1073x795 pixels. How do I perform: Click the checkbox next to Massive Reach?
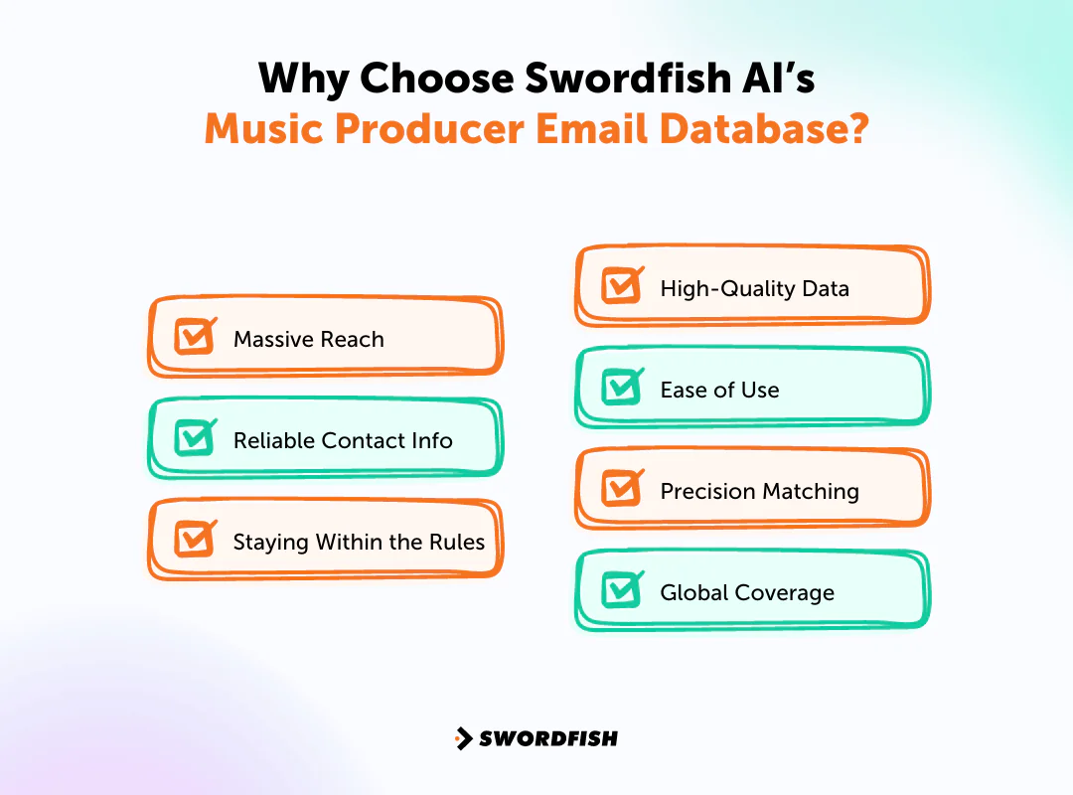(195, 337)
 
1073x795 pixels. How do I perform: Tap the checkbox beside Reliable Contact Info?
(195, 438)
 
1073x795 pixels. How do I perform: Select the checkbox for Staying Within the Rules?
(195, 540)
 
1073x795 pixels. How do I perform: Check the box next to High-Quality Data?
(622, 286)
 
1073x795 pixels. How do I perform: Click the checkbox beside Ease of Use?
(622, 388)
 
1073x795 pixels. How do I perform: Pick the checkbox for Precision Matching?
(622, 489)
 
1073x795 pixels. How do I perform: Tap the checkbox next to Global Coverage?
(622, 590)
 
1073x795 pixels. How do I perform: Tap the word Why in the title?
(295, 79)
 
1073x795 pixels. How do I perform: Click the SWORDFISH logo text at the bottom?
(548, 738)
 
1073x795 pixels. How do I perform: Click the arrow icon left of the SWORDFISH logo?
(463, 738)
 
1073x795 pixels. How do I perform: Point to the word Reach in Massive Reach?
(352, 340)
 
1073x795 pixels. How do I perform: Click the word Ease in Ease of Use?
(682, 391)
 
